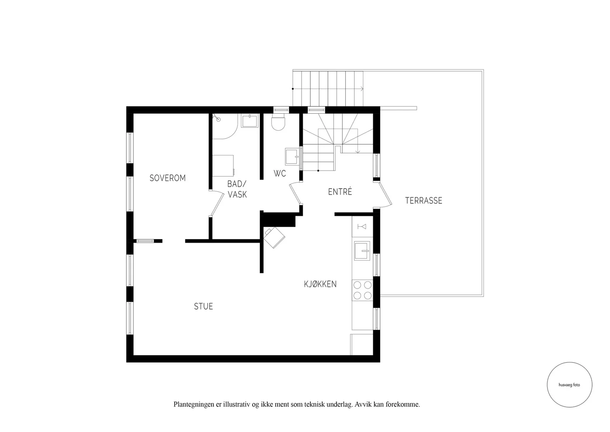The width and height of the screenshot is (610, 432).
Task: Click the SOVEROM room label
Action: pos(167,178)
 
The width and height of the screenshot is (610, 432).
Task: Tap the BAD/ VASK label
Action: pos(237,189)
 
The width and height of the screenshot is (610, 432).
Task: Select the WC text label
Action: pos(280,173)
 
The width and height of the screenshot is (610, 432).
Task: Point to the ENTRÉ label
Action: pos(340,192)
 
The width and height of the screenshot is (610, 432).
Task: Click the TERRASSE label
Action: pos(424,201)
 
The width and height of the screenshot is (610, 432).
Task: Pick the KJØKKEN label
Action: pos(320,284)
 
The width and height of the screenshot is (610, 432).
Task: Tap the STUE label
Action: pos(204,306)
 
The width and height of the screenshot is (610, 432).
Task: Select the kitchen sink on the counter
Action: pos(362,251)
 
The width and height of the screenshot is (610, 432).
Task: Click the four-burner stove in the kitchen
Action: pos(362,290)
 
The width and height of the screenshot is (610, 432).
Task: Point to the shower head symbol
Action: pos(216,118)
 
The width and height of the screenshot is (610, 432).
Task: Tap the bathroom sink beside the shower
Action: pos(249,121)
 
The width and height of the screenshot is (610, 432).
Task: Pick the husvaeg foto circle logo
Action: pos(570,385)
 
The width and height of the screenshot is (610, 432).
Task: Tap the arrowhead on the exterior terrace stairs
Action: pos(362,89)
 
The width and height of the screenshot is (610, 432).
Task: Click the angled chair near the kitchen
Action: pos(274,237)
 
